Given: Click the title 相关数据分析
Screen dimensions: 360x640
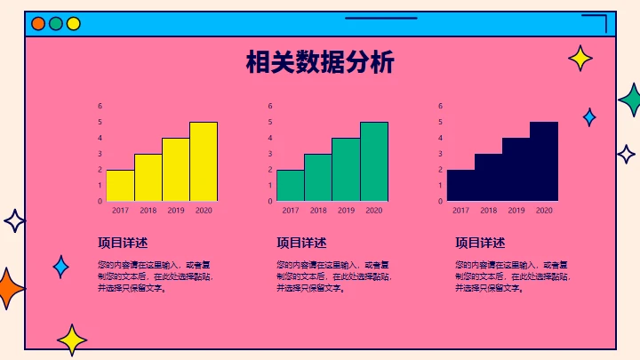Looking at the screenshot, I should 320,63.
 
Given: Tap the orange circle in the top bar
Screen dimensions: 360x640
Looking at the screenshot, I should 38,24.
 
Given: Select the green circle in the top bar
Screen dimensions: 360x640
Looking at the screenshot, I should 56,24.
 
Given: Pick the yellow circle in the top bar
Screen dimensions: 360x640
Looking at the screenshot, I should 74,24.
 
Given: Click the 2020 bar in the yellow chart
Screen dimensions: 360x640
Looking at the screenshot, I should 204,161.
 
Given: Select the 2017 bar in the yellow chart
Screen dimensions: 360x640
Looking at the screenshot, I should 120,185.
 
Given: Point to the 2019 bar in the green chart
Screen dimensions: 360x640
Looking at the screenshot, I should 346,169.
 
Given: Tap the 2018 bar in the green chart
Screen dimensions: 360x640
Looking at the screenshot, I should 318,177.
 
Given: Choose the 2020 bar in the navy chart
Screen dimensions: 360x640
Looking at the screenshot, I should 544,161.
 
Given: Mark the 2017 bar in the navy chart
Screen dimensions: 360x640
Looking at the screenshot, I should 460,185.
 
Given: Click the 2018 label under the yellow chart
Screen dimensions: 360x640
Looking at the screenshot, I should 148,211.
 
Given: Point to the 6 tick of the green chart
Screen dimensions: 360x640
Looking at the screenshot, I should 270,106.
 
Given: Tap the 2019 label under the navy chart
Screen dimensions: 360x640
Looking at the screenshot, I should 516,211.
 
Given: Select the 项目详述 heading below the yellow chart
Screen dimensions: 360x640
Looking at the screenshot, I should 123,243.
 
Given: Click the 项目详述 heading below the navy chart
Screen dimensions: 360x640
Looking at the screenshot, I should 480,243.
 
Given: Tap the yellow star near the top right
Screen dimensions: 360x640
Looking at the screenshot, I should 580,59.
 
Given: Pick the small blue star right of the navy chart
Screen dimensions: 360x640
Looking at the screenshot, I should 589,116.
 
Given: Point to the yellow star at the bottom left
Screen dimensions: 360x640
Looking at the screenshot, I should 72,339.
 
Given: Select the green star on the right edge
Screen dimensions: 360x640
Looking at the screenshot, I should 632,100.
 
